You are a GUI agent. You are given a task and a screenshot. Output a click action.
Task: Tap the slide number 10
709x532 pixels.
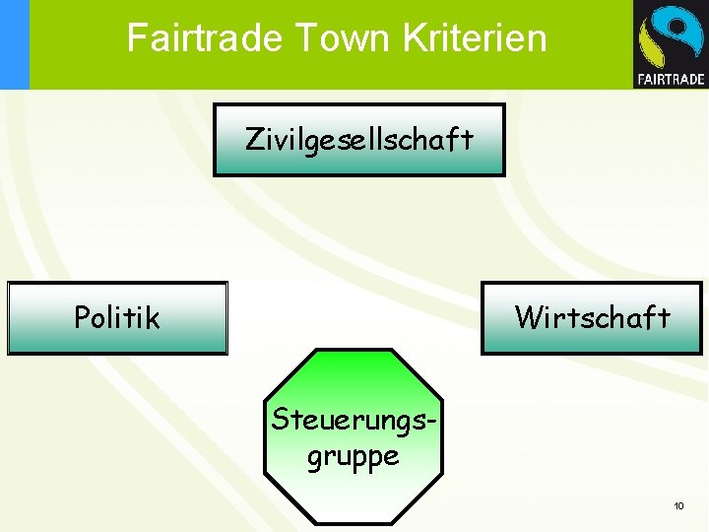(678, 505)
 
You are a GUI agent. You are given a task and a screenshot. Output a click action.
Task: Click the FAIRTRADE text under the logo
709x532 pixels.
(671, 79)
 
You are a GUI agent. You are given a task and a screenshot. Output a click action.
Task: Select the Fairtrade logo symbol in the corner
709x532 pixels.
(670, 37)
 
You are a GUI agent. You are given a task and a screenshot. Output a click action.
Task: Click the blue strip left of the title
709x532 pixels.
(14, 44)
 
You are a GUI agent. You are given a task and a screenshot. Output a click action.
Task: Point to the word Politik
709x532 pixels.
(117, 317)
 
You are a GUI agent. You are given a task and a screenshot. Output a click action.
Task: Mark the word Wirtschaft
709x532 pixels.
(592, 317)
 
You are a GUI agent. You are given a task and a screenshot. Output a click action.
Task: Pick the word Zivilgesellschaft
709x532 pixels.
(358, 140)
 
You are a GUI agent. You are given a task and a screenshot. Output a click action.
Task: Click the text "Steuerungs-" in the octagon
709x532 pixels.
(354, 419)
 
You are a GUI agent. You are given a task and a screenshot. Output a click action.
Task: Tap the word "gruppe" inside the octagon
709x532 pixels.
(353, 456)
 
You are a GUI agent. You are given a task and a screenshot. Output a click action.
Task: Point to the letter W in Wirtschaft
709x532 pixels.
(527, 317)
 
